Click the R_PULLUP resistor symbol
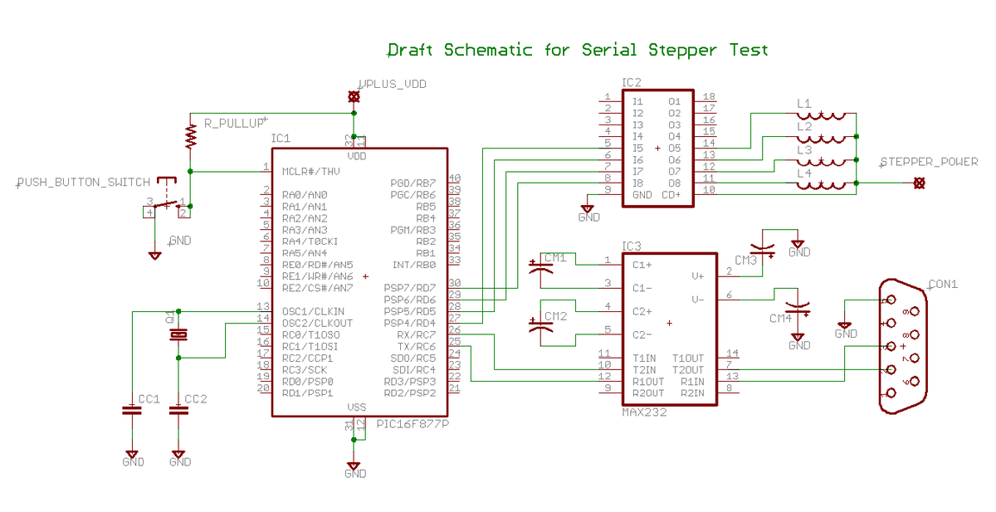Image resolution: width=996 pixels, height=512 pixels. tap(190, 135)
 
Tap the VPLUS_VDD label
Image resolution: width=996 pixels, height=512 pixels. tap(393, 85)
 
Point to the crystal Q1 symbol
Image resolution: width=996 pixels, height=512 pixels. tap(178, 334)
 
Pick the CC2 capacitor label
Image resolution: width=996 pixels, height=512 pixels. tap(196, 399)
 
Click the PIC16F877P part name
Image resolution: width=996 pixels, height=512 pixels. tap(413, 424)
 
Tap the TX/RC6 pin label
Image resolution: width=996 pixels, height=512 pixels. tap(415, 347)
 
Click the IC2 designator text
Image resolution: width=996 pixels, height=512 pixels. tap(632, 83)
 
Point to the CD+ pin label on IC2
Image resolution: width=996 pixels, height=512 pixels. tap(671, 195)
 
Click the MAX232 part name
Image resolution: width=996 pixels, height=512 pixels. tap(644, 412)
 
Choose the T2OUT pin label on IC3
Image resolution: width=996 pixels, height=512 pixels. tap(688, 370)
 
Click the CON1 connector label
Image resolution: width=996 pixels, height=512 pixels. tap(943, 284)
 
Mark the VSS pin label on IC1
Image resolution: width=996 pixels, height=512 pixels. tap(357, 407)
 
